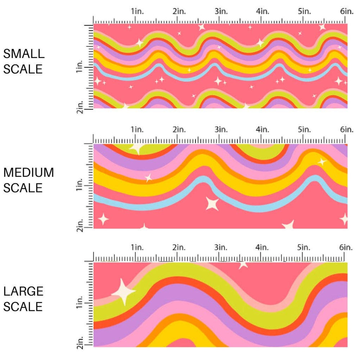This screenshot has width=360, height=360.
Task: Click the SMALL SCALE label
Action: [x=24, y=61]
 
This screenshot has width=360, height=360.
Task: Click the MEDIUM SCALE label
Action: [x=28, y=180]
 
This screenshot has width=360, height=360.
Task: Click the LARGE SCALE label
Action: [x=24, y=299]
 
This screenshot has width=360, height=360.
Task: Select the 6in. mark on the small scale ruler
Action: [x=346, y=12]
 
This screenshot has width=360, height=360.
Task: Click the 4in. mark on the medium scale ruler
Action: [x=262, y=130]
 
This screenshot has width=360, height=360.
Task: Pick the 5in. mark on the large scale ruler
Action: [x=304, y=248]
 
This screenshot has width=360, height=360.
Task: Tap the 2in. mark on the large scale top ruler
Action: [x=179, y=248]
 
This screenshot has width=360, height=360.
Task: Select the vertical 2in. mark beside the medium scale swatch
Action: [x=80, y=227]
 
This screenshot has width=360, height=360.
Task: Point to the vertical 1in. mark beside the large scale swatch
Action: [x=80, y=304]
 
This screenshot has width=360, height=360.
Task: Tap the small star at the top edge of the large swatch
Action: [x=243, y=265]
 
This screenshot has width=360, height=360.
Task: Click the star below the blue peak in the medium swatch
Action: [x=212, y=203]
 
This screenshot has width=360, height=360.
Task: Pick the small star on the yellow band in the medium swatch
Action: [x=321, y=162]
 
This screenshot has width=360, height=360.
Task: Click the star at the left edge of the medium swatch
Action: [x=103, y=219]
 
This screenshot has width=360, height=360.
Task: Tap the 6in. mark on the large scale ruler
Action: [x=346, y=248]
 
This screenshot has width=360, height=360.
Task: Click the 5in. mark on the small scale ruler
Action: [x=305, y=12]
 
